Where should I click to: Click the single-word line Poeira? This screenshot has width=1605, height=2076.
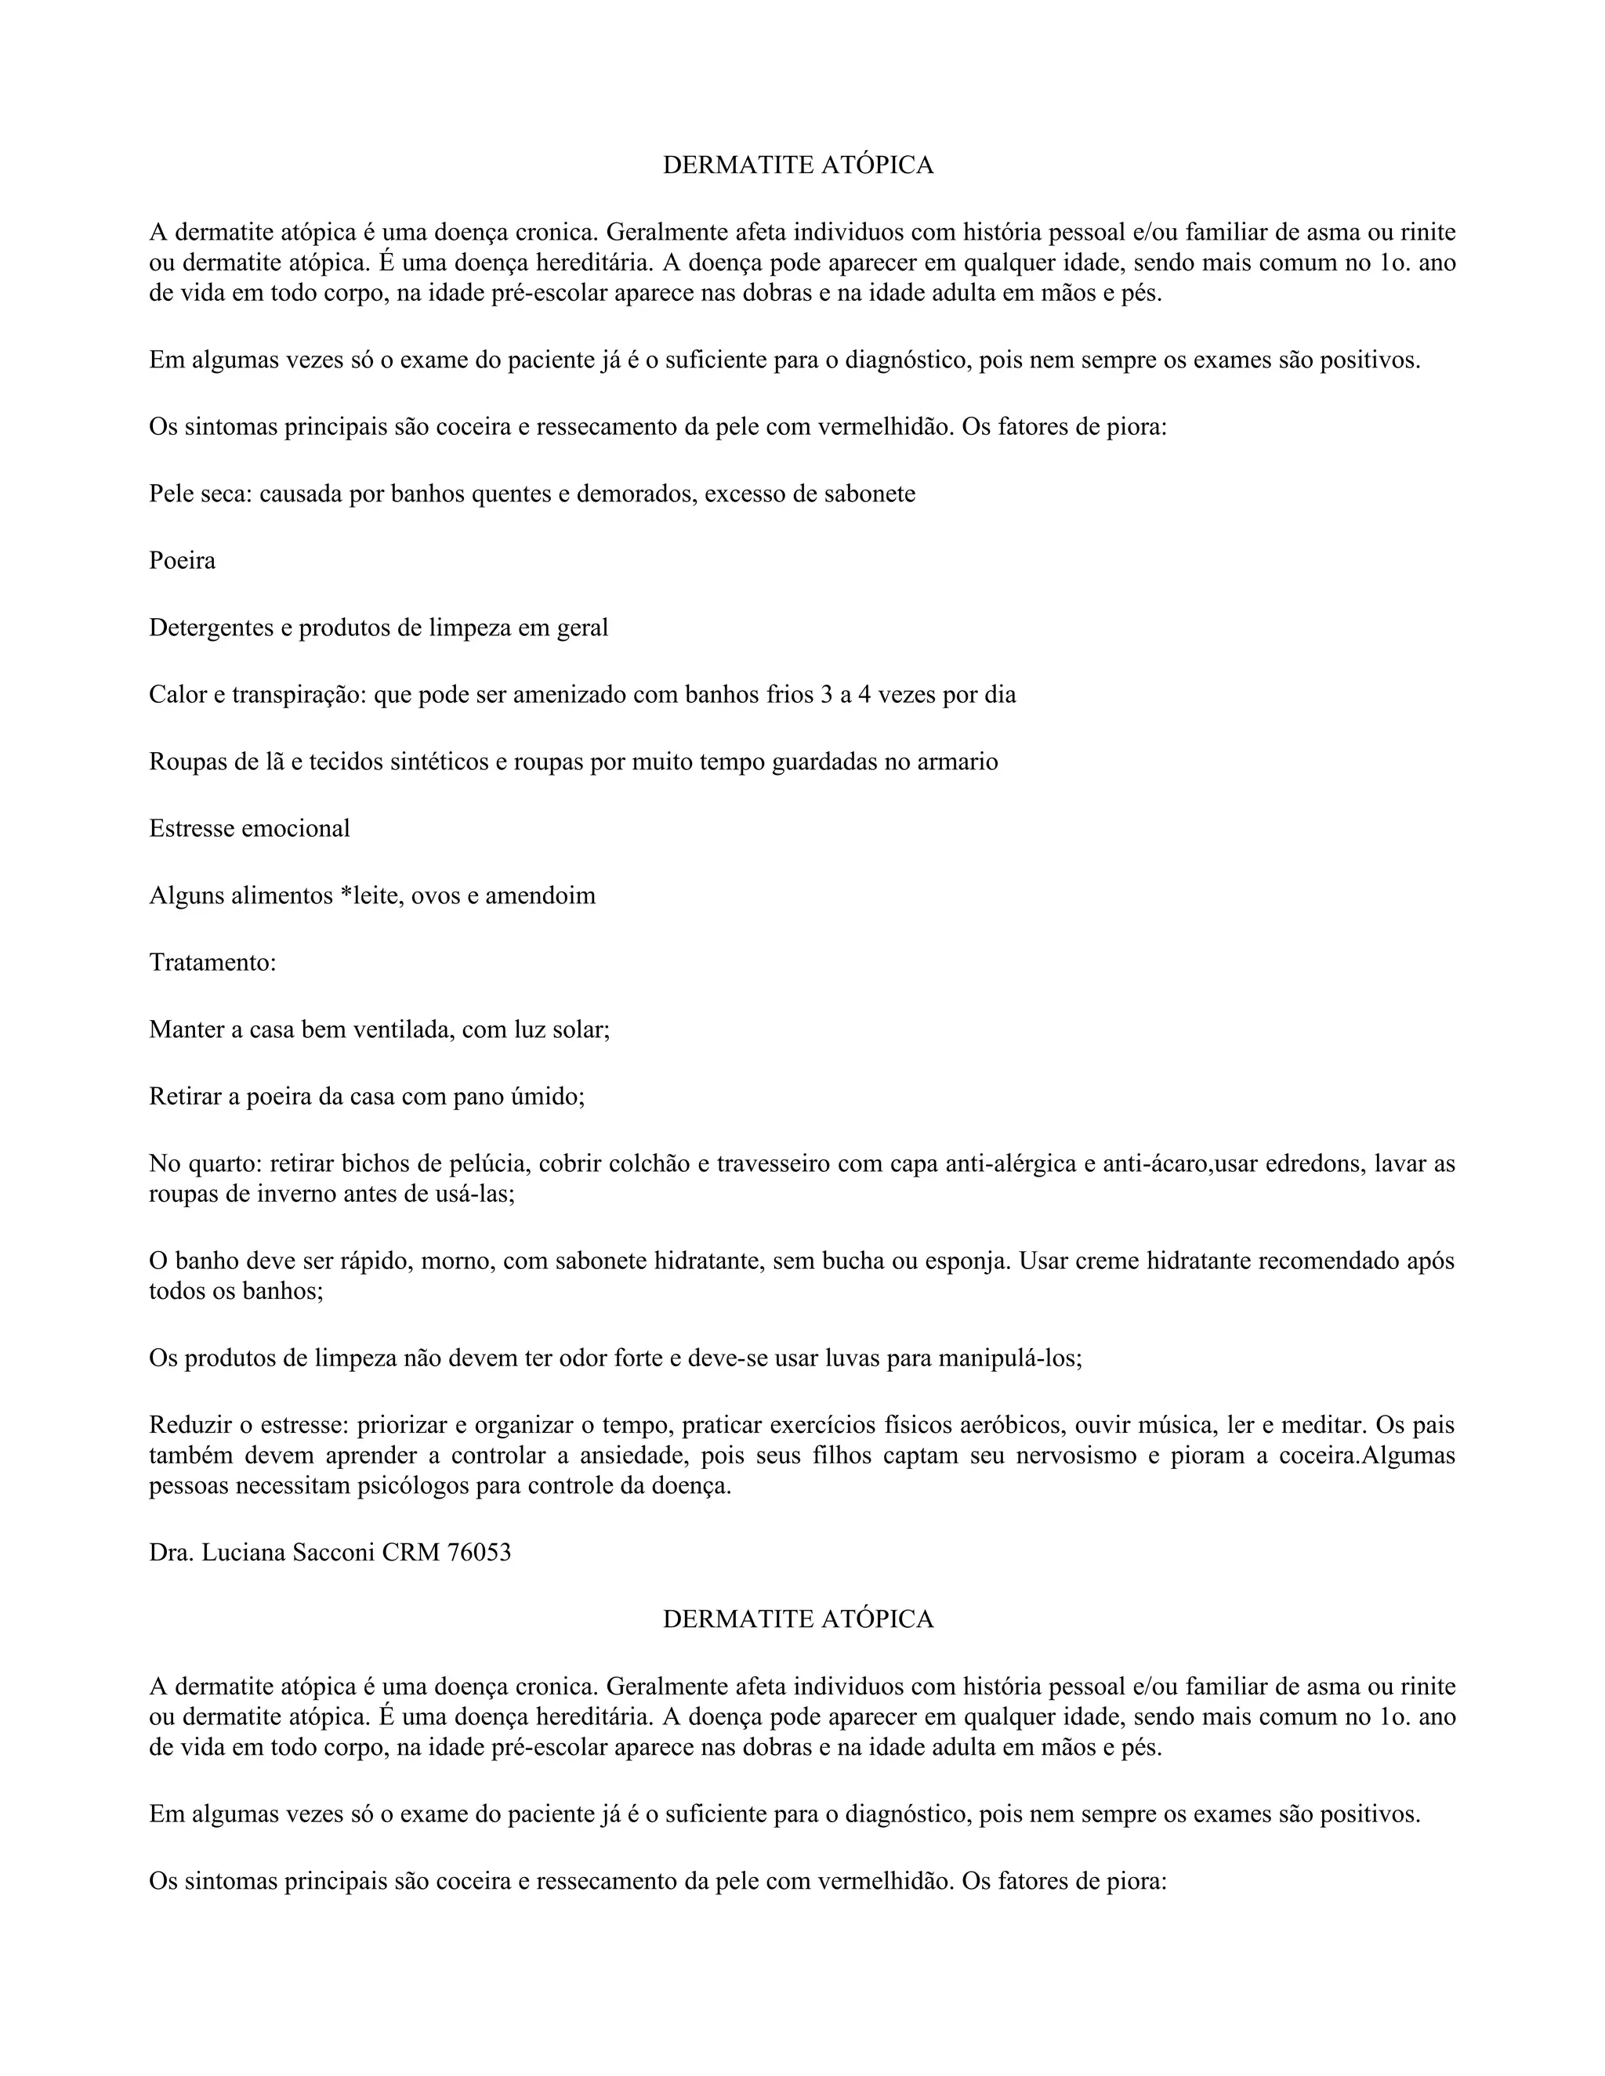182,561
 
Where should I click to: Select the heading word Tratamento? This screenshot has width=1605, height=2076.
212,962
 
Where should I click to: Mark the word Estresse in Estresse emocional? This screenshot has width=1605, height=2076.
188,828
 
